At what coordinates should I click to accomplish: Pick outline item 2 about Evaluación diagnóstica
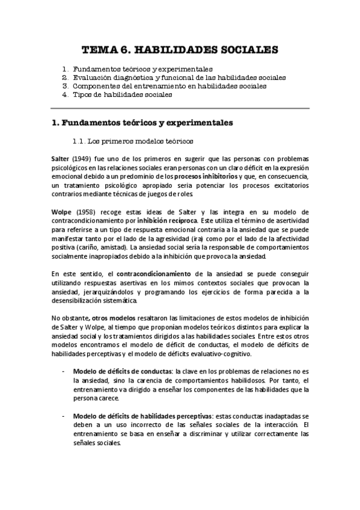pyautogui.click(x=179, y=78)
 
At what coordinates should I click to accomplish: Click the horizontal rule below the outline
pyautogui.click(x=180, y=108)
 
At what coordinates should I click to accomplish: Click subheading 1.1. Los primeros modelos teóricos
pyautogui.click(x=132, y=142)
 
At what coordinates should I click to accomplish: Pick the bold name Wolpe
pyautogui.click(x=61, y=212)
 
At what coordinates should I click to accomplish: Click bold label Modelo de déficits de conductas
pyautogui.click(x=120, y=371)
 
